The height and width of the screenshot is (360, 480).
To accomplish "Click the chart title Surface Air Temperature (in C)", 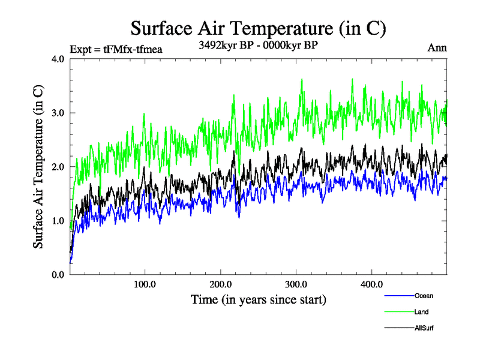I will (258, 28).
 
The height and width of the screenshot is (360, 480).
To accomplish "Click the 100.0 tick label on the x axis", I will (145, 284).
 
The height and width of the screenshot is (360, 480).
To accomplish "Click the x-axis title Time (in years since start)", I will (259, 299).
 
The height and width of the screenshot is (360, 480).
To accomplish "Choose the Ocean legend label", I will (424, 296).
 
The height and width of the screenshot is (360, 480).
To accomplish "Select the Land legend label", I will (421, 312).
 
